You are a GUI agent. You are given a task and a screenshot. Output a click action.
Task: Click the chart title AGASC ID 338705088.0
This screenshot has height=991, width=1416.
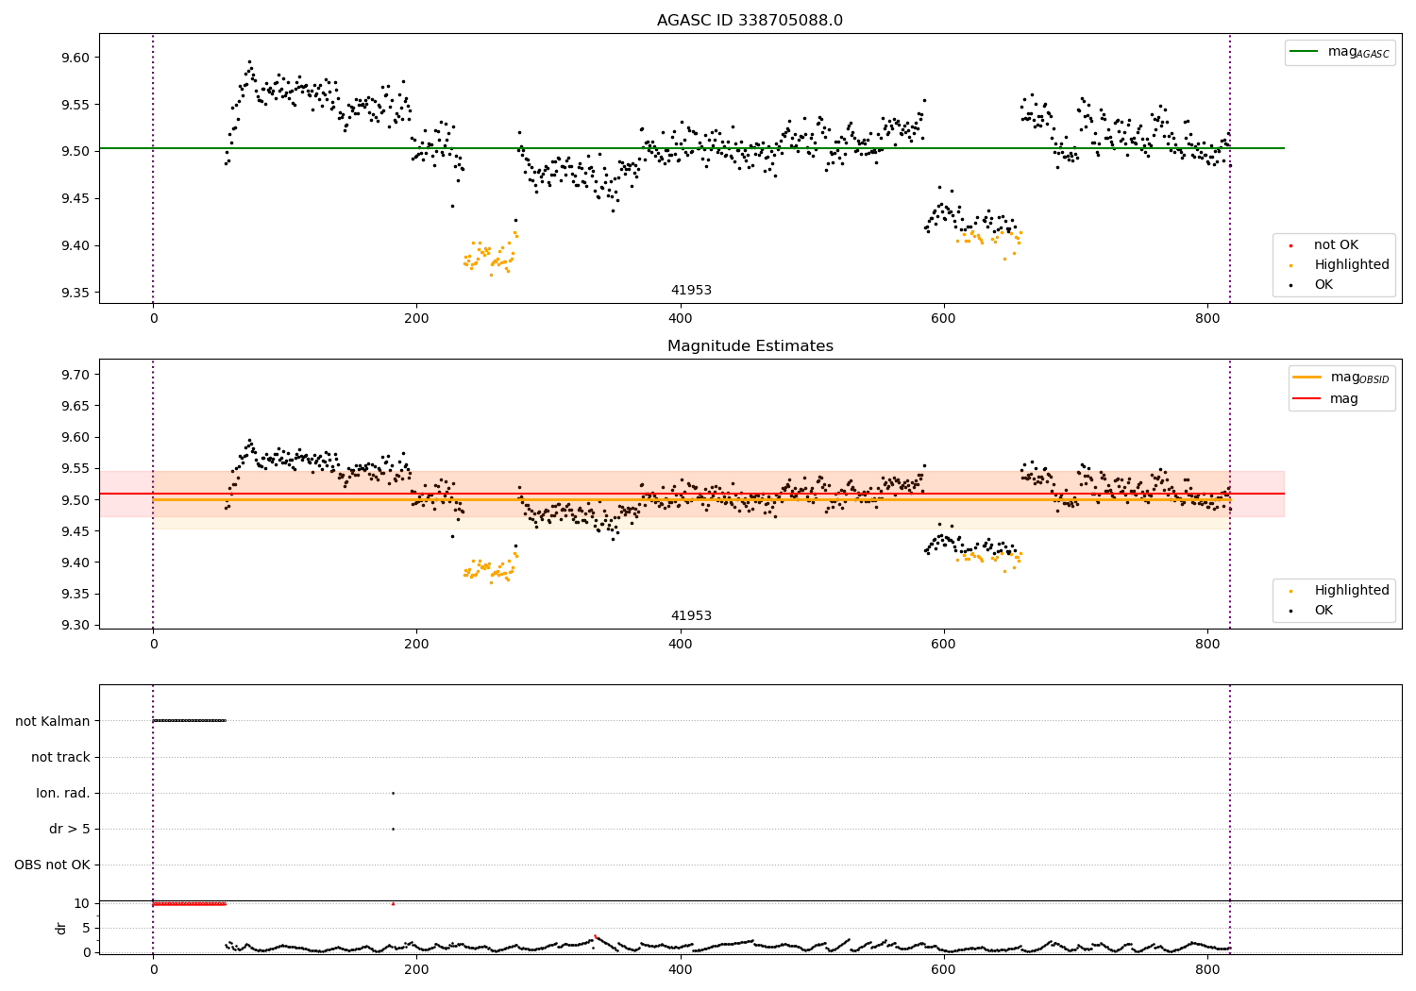click(750, 21)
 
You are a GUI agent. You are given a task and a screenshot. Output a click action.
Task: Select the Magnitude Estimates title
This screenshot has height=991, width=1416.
click(750, 346)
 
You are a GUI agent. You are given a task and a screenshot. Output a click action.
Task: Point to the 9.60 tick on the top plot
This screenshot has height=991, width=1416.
click(75, 58)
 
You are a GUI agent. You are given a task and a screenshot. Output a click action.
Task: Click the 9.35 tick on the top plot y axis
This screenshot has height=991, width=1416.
click(75, 293)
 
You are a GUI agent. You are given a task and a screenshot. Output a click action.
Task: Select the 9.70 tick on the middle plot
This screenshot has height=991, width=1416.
click(75, 375)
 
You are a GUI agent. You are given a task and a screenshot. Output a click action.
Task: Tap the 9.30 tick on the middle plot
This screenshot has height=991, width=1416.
click(75, 625)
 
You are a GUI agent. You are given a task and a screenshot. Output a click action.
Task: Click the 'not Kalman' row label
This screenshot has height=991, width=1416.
click(53, 721)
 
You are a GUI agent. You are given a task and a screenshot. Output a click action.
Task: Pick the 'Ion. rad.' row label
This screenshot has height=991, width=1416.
click(63, 794)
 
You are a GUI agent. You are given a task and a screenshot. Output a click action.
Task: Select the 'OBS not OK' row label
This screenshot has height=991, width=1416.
click(52, 865)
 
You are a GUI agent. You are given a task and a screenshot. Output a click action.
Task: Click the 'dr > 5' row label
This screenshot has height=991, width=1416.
click(69, 830)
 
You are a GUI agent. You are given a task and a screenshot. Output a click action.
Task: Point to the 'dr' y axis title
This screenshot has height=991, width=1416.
click(61, 928)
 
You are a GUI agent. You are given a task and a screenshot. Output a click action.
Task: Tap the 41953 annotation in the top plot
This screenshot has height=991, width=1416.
click(691, 291)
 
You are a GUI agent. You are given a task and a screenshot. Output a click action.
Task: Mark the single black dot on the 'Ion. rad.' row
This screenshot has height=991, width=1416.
click(393, 793)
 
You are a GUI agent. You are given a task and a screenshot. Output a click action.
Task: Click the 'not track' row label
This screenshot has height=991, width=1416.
click(60, 758)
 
